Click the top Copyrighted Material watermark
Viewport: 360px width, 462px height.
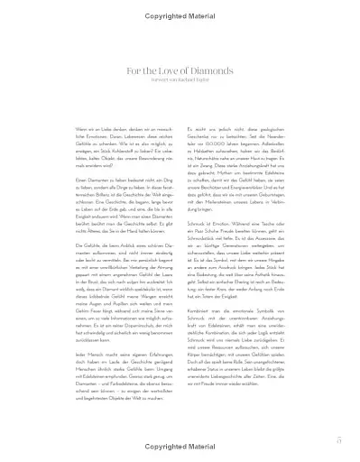click(180, 8)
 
